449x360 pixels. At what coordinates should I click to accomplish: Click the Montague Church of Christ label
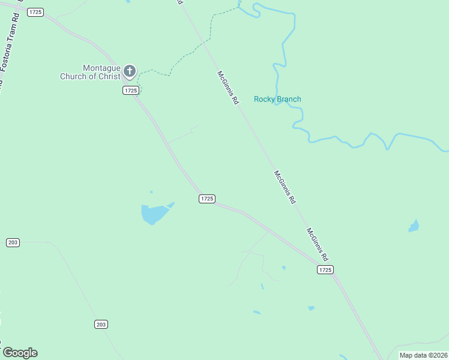coord(90,73)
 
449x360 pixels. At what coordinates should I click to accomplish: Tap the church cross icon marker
coord(129,72)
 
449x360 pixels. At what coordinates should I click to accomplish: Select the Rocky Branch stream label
coord(277,100)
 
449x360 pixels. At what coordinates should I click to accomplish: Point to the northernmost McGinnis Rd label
coord(228,88)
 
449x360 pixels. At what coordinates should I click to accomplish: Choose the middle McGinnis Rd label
coord(285,188)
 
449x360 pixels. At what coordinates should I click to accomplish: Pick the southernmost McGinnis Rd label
coord(318,245)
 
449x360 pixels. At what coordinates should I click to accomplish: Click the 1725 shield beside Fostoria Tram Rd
coord(35,12)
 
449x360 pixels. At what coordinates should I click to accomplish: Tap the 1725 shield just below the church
coord(131,90)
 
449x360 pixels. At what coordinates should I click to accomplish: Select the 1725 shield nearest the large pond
coord(206,199)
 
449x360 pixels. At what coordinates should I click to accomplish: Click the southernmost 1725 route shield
coord(325,270)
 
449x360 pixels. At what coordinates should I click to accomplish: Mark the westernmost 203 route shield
coord(13,242)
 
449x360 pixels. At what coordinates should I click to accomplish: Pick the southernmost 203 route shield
coord(101,324)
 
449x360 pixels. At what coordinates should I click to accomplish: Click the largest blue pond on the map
coord(154,213)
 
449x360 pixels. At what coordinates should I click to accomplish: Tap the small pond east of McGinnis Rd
coord(414,226)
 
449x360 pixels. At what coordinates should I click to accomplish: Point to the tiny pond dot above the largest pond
coord(151,192)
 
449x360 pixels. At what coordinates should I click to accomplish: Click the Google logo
coord(20,353)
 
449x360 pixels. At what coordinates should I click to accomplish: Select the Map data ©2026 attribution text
coord(423,355)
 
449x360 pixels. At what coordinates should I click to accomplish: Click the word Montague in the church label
coord(101,68)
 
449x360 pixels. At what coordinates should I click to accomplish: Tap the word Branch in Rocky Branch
coord(288,100)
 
